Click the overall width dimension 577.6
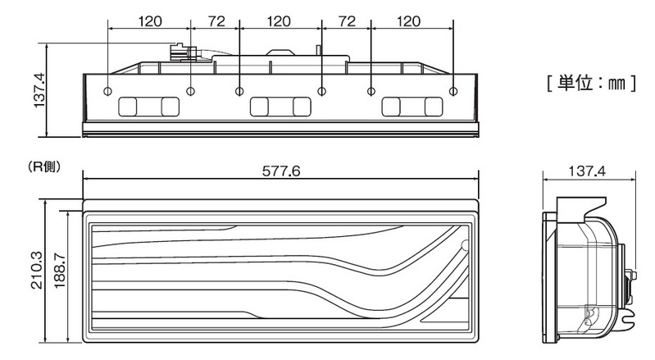(x=281, y=171)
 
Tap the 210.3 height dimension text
(x=37, y=271)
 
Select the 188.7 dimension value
(x=60, y=271)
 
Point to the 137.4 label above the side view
(x=587, y=171)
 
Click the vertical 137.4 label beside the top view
(x=39, y=89)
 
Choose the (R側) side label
(x=44, y=166)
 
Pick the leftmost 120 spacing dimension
(x=149, y=21)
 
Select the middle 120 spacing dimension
(x=279, y=21)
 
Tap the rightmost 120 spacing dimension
(x=408, y=21)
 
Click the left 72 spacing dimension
(x=216, y=21)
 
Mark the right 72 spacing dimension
(x=347, y=21)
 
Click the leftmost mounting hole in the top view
(x=107, y=91)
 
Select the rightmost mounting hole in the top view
(x=453, y=91)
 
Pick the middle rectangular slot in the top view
(x=280, y=107)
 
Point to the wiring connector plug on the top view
(x=183, y=52)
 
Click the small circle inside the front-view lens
(x=466, y=245)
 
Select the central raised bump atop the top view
(x=281, y=52)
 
